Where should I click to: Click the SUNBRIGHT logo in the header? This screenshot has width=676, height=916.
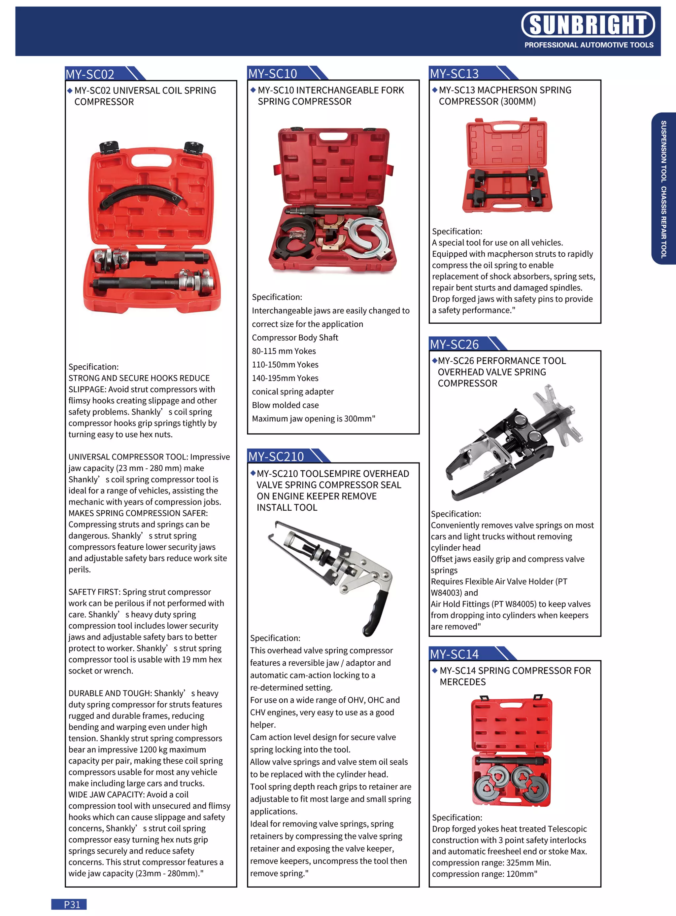588,24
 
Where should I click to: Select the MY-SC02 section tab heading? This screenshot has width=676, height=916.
90,74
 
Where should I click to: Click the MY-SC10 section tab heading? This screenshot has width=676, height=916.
273,73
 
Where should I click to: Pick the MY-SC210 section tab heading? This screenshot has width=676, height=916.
276,456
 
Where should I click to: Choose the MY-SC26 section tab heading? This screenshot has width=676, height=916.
454,344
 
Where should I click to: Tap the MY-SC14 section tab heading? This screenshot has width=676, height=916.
454,654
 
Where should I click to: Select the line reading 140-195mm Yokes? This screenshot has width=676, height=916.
285,378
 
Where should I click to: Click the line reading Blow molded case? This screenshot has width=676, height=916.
285,405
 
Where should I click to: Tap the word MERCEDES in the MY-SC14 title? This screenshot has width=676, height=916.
462,682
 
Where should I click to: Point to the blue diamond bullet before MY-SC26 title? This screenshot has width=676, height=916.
435,360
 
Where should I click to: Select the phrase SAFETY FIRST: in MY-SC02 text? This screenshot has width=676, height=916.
94,592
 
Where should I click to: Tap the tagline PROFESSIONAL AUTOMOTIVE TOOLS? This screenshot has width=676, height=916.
589,45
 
